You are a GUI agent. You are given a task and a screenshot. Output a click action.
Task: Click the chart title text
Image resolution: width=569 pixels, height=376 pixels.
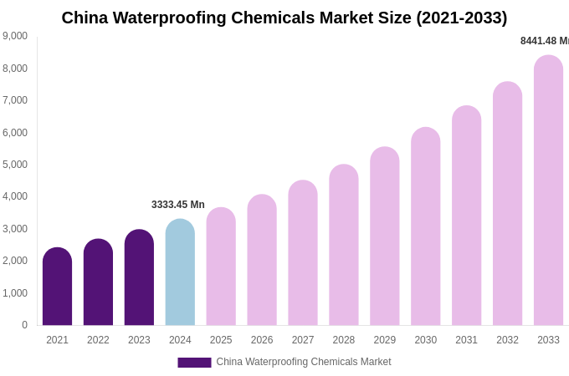284,18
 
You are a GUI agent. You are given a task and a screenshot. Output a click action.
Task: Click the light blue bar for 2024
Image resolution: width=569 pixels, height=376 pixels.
180,272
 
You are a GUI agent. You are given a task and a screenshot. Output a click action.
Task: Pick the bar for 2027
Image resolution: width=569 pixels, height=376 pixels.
303,253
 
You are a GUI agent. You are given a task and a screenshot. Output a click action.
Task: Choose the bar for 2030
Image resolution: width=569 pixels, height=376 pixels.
425,226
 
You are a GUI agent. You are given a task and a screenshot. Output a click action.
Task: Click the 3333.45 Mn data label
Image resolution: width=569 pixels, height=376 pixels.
177,205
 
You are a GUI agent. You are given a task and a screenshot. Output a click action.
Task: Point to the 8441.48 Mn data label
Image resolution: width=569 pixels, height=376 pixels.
544,41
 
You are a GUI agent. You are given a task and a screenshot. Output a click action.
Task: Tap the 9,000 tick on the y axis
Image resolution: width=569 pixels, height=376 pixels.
15,36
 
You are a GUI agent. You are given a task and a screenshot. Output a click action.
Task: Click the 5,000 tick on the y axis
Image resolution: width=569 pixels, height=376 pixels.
15,165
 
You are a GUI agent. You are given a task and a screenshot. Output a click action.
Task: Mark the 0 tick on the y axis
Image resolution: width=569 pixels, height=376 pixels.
24,325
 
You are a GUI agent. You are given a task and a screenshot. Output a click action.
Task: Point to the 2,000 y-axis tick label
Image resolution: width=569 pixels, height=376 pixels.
15,261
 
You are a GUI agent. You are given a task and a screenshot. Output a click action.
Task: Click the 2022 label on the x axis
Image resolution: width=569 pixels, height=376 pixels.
98,340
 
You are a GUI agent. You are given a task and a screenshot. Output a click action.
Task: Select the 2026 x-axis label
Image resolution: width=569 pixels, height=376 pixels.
262,340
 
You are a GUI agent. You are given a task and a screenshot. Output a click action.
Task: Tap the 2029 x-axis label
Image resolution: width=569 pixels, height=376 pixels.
385,340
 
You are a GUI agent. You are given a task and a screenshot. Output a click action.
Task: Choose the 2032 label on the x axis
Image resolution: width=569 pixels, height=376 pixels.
507,340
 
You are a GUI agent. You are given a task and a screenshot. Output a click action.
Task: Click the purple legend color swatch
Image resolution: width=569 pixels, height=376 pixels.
194,363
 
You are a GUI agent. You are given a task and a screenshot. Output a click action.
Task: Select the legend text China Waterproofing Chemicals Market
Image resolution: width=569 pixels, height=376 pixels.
304,362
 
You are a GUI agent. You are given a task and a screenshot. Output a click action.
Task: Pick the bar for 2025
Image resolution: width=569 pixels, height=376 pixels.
221,267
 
